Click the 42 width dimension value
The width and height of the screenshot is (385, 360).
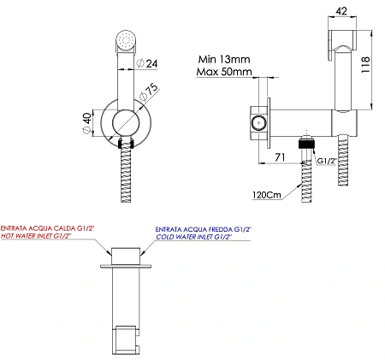tap(341, 11)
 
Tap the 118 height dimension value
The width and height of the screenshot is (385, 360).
tap(365, 64)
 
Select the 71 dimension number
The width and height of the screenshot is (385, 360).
tap(280, 156)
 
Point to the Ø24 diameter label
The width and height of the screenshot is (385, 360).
tap(147, 63)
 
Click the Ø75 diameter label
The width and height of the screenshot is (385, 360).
tap(149, 91)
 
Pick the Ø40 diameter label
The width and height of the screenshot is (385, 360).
tap(87, 123)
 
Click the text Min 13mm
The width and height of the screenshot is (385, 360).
tap(224, 59)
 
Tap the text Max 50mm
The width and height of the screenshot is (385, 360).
tap(224, 71)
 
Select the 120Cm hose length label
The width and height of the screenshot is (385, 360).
tap(267, 195)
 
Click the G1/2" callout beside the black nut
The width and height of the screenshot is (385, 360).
tap(327, 161)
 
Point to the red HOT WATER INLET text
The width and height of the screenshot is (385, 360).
tap(36, 236)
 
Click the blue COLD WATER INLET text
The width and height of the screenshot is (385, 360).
tap(193, 237)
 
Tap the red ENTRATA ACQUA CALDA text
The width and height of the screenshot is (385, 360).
tap(47, 228)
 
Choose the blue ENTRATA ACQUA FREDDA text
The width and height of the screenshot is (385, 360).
tap(203, 229)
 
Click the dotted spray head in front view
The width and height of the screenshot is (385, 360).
tap(126, 40)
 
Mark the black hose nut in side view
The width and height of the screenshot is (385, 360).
tap(306, 144)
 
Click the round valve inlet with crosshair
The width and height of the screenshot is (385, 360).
tap(258, 123)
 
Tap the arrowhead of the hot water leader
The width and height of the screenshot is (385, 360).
tap(109, 252)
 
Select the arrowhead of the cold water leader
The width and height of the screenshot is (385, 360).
tap(143, 251)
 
